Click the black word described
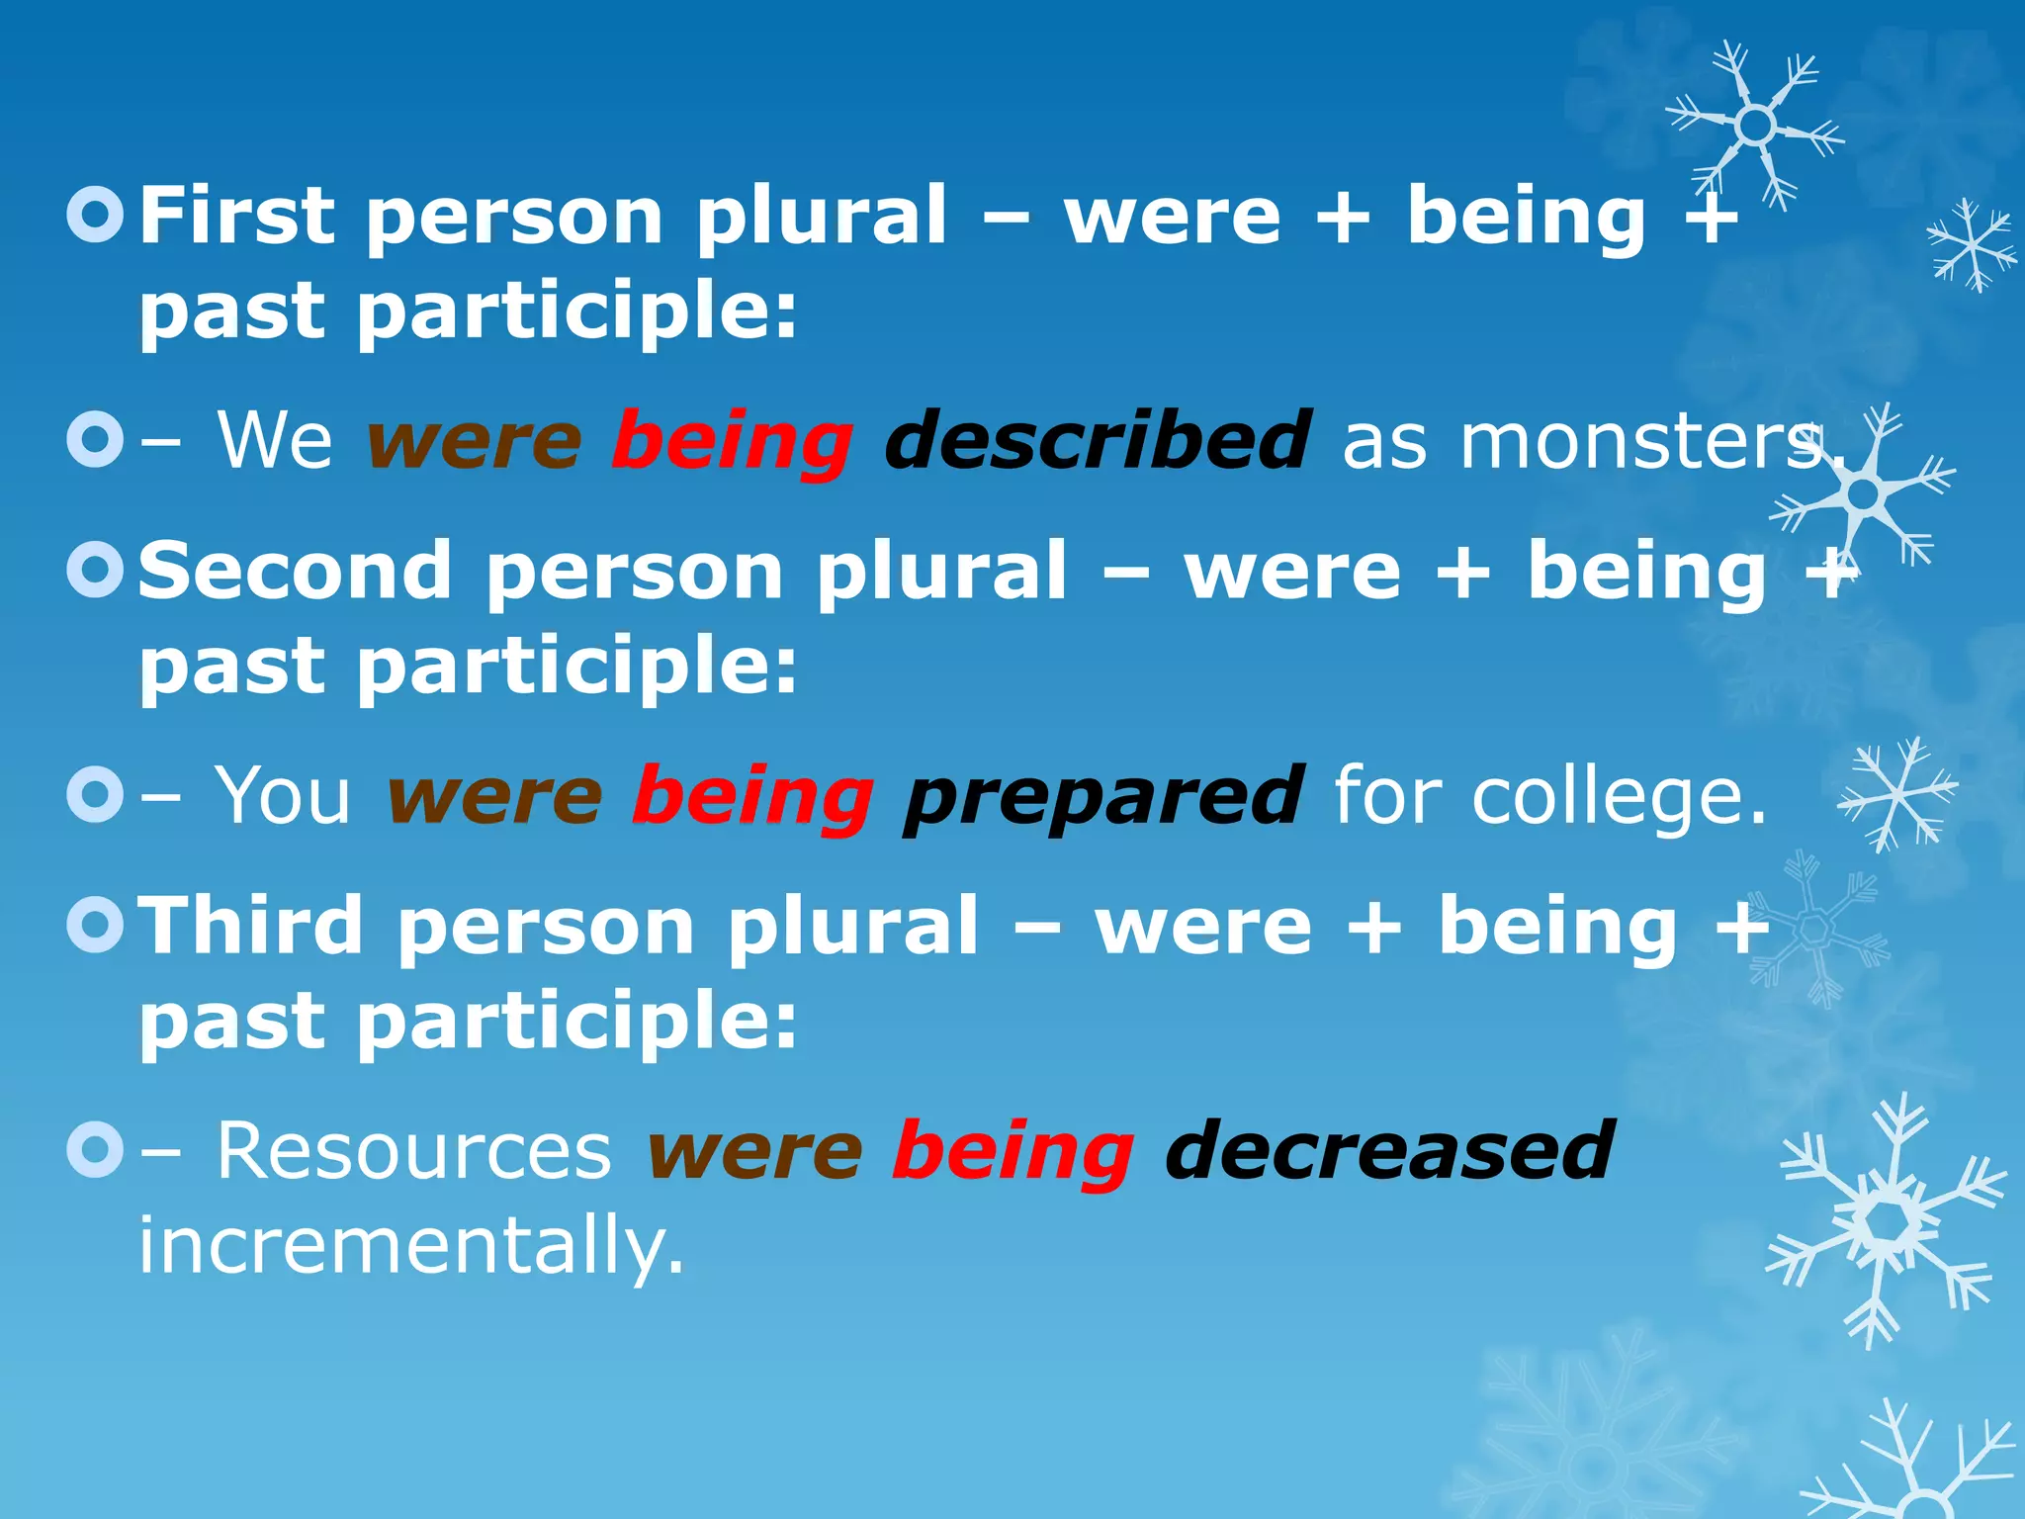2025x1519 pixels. tap(1098, 440)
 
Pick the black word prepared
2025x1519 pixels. tap(1103, 795)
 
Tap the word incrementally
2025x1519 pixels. tap(410, 1245)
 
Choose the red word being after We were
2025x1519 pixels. tap(732, 442)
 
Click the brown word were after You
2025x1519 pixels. tap(494, 797)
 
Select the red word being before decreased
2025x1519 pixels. tap(1012, 1152)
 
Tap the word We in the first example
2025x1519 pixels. tap(275, 440)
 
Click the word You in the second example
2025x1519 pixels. tap(283, 795)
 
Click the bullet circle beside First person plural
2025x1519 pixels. tap(96, 216)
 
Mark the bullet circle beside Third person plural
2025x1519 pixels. tap(96, 926)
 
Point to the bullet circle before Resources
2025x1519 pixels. tap(96, 1150)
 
